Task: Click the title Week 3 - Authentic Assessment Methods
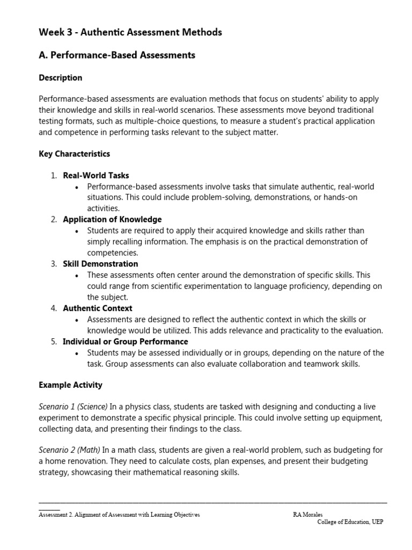click(130, 32)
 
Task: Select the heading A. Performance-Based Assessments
click(117, 55)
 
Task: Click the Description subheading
click(61, 78)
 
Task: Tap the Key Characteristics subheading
click(75, 154)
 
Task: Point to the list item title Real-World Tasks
click(96, 175)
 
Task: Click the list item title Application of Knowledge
click(112, 219)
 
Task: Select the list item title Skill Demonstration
click(100, 264)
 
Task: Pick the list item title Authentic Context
click(98, 308)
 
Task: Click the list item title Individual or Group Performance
click(126, 342)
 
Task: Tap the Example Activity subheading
click(70, 385)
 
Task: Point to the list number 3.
click(54, 264)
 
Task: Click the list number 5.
click(54, 342)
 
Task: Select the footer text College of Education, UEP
click(350, 522)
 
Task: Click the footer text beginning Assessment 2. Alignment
click(119, 515)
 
